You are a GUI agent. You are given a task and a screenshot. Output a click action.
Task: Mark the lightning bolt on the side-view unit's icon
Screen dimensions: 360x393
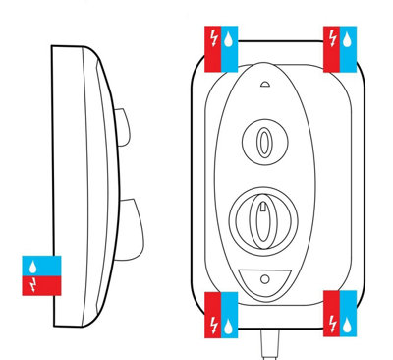pos(36,284)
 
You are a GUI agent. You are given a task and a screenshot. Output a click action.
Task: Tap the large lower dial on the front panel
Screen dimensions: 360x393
pos(262,216)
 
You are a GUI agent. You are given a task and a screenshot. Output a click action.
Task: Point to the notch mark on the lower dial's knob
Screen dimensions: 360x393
pos(262,209)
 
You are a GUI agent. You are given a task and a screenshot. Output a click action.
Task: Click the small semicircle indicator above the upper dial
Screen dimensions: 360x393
pos(263,86)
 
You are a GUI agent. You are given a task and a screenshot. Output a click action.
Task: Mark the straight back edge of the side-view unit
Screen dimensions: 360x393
pos(51,177)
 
